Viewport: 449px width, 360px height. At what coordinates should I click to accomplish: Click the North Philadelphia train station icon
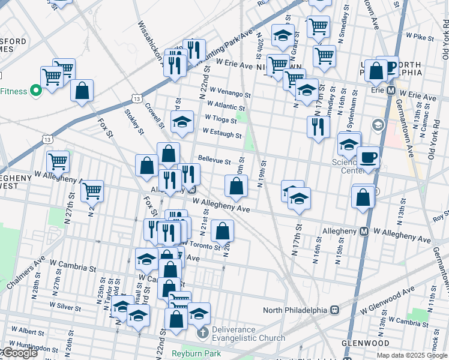(335, 310)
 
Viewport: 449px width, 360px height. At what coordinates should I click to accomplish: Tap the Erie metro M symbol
(391, 91)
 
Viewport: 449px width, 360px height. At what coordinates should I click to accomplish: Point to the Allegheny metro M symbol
(364, 231)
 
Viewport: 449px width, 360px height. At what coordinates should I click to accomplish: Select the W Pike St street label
(420, 37)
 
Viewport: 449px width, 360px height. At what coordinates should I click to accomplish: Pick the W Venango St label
(225, 94)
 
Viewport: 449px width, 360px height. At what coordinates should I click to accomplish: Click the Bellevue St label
(214, 161)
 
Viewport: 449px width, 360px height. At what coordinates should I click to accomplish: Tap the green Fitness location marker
(35, 91)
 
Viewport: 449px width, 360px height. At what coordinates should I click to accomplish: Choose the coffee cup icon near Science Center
(368, 158)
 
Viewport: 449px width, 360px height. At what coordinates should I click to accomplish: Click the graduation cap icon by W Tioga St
(182, 122)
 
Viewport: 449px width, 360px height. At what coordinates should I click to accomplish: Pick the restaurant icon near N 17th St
(318, 127)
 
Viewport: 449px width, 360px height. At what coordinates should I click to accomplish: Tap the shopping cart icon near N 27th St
(92, 191)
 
